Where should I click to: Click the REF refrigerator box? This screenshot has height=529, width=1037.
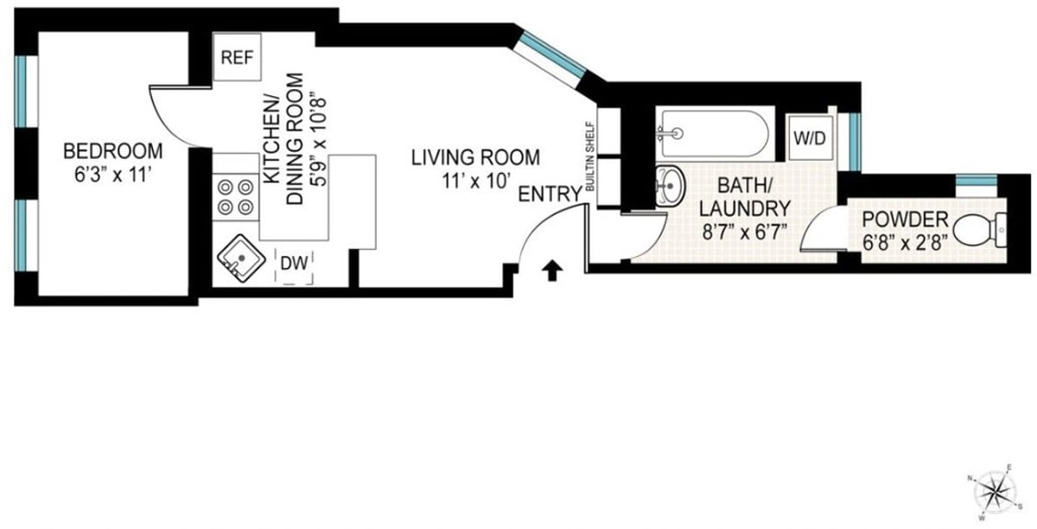click(237, 57)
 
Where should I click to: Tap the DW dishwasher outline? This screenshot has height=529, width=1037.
click(294, 266)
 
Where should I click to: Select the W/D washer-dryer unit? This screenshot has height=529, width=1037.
click(811, 137)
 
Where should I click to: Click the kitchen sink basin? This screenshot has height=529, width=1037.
click(241, 258)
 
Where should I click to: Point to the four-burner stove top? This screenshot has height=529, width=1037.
click(235, 197)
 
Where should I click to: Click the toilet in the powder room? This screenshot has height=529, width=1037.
click(980, 230)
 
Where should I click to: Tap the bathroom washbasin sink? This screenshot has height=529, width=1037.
click(670, 186)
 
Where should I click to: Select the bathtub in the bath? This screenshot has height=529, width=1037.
click(715, 134)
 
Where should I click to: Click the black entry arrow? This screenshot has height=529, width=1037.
click(552, 271)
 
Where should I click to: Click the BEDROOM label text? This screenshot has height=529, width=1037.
click(113, 151)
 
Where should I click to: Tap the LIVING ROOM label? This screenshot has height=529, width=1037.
click(475, 157)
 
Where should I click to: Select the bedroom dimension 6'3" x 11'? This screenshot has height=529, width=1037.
click(113, 175)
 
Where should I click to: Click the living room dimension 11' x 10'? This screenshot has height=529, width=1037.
click(475, 182)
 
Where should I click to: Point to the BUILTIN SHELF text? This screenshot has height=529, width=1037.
click(589, 156)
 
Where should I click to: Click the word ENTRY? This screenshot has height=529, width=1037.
click(550, 194)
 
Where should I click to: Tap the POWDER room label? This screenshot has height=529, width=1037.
click(905, 220)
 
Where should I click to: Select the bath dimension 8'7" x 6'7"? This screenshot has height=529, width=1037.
click(744, 232)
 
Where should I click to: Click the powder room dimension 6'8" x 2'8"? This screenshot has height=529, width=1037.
click(905, 242)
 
